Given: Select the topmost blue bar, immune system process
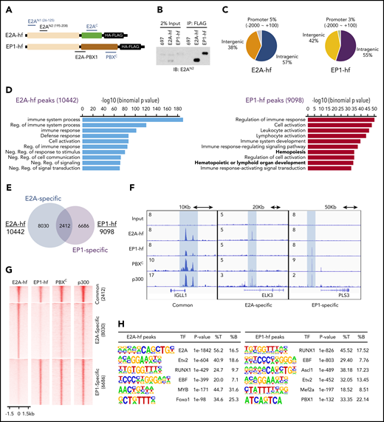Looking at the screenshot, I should pyautogui.click(x=132, y=98).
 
